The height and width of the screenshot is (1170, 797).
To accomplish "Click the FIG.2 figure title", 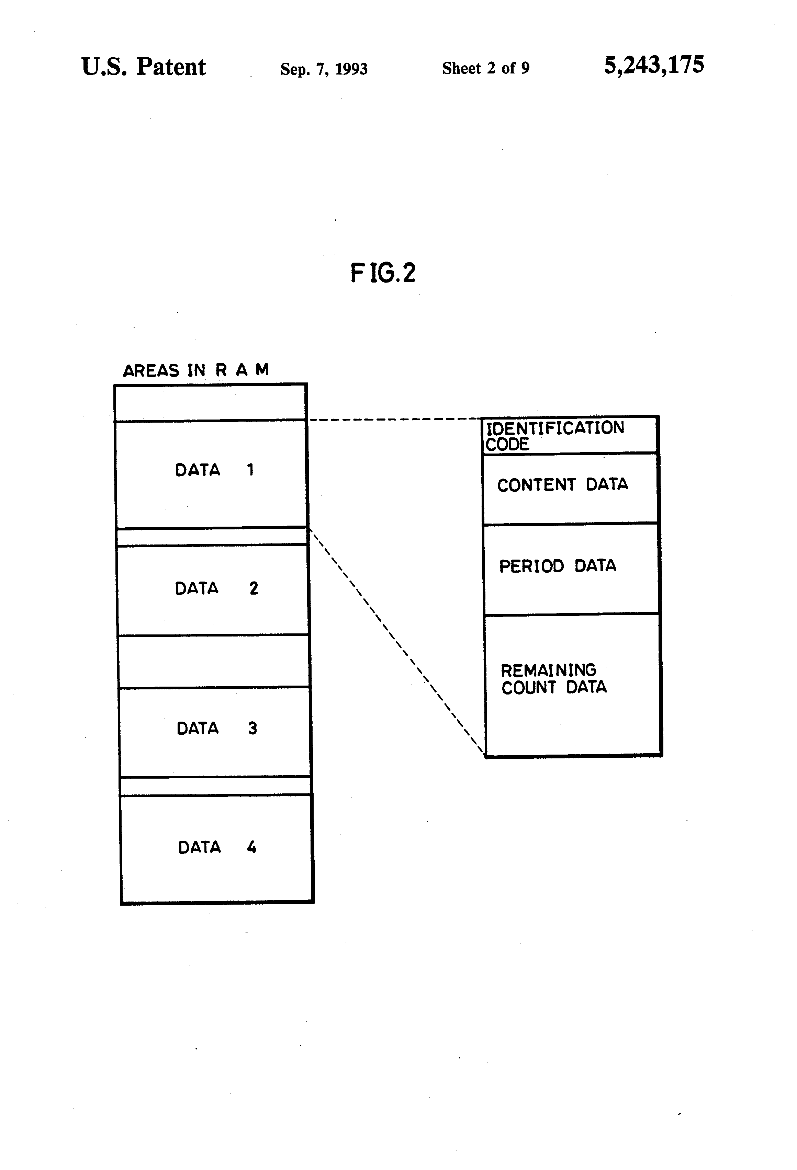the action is point(383,273).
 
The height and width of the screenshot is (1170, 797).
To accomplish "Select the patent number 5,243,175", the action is point(654,65).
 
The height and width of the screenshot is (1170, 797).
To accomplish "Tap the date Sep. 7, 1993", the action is point(324,68).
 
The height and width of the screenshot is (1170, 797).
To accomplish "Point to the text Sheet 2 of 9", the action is point(486,68).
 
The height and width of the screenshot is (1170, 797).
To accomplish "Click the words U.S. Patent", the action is point(144,67).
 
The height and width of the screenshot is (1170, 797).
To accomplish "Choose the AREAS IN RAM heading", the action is point(196,370).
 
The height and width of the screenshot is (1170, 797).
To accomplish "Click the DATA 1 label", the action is point(214,470).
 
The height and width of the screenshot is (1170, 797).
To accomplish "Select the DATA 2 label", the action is point(216,588).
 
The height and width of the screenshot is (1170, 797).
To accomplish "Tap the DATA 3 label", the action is point(217,728).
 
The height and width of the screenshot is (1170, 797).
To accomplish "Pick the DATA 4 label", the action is point(217,847).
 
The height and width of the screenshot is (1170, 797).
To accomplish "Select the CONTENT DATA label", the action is point(562,484).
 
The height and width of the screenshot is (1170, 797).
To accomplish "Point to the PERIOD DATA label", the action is point(557,566).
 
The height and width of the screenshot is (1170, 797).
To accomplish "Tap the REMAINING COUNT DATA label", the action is point(554,679).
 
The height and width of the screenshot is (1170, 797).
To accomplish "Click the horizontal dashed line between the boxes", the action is point(395,419).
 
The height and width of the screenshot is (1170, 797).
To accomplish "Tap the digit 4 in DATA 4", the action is point(252,847).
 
